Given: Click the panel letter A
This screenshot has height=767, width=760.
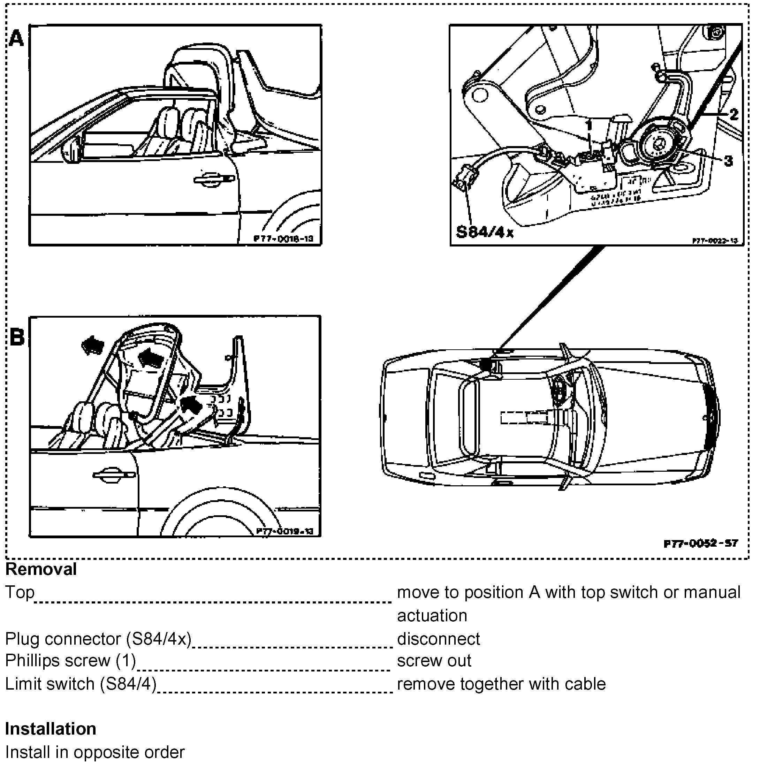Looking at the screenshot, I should (16, 39).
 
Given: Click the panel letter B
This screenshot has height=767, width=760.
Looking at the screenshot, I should (17, 337).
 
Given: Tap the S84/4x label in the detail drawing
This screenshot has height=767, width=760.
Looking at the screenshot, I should (485, 232).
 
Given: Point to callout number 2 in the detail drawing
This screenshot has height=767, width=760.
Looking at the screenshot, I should (734, 114).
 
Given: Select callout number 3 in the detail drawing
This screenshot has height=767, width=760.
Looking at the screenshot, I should (728, 161).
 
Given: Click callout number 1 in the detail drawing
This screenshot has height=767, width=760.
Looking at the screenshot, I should (589, 126).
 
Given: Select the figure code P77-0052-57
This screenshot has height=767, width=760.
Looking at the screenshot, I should (700, 543).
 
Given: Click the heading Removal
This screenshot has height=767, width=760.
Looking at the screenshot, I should (41, 569).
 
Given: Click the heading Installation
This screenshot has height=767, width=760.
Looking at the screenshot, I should (51, 729).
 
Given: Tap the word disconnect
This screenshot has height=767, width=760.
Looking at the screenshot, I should (438, 639).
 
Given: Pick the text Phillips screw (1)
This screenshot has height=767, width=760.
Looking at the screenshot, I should (70, 661).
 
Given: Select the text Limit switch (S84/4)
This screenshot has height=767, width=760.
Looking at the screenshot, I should (81, 684).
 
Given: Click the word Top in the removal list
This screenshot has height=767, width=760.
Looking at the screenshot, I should (20, 592).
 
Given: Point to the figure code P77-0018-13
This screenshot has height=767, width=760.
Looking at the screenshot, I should (283, 238).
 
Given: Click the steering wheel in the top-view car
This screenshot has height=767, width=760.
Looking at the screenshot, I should (559, 390).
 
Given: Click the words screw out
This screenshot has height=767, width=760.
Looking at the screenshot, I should (434, 661).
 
